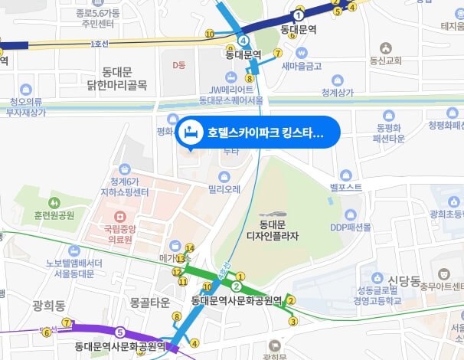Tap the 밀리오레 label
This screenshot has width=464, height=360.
pyautogui.click(x=224, y=188)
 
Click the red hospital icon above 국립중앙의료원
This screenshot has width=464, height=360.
pyautogui.click(x=119, y=227)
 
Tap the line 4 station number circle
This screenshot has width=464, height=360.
pyautogui.click(x=243, y=40)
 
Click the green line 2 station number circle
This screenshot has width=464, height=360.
pyautogui.click(x=237, y=286)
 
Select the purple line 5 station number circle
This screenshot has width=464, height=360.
pyautogui.click(x=120, y=332)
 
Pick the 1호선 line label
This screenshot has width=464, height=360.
pyautogui.click(x=100, y=44)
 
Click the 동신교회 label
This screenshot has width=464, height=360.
pyautogui.click(x=386, y=60)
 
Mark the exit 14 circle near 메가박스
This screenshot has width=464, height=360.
pyautogui.click(x=190, y=247)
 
